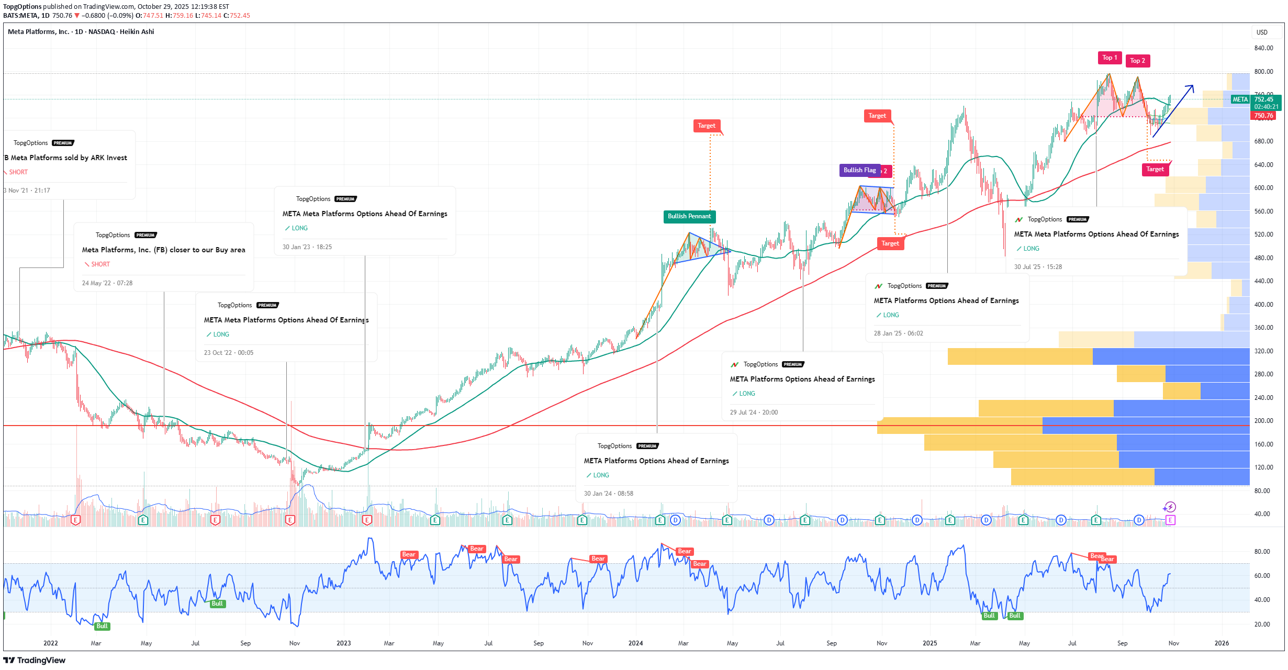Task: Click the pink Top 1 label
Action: [x=1109, y=58]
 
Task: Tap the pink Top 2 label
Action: [x=1137, y=61]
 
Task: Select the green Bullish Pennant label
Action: [x=689, y=216]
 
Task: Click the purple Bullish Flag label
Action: [x=859, y=170]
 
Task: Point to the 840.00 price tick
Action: [x=1263, y=48]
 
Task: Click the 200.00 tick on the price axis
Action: [x=1263, y=421]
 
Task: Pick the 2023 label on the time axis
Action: [x=343, y=643]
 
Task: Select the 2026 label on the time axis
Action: [x=1221, y=643]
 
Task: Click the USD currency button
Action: [x=1262, y=32]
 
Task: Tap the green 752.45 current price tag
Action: [x=1263, y=99]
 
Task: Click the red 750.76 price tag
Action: [x=1263, y=116]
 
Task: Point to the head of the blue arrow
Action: [x=1193, y=86]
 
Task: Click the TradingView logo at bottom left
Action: [x=35, y=660]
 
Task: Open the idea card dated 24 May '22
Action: [x=163, y=257]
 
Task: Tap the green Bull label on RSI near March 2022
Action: [x=102, y=626]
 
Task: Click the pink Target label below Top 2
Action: [x=1155, y=169]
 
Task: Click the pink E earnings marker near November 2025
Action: [x=1170, y=520]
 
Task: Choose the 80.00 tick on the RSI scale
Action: [x=1262, y=552]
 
